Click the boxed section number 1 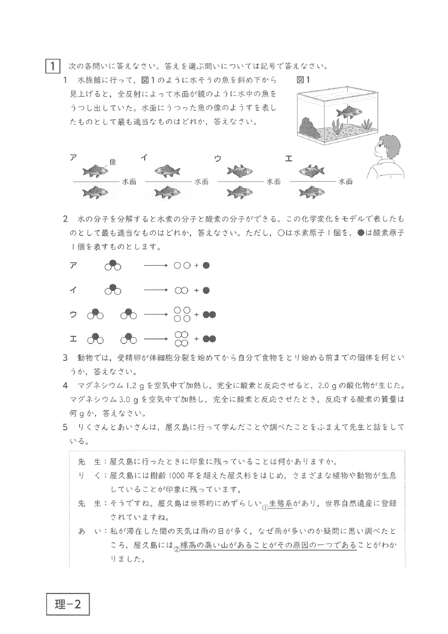coord(52,66)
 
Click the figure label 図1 coord(302,80)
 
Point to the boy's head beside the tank coord(390,146)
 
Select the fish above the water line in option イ coord(168,170)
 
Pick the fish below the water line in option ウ coord(240,192)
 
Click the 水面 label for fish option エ coord(345,182)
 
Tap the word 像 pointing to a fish coord(113,162)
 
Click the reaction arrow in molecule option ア coord(156,266)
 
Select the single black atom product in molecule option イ coord(206,291)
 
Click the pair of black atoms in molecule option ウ coord(209,315)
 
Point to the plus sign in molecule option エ coord(197,339)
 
